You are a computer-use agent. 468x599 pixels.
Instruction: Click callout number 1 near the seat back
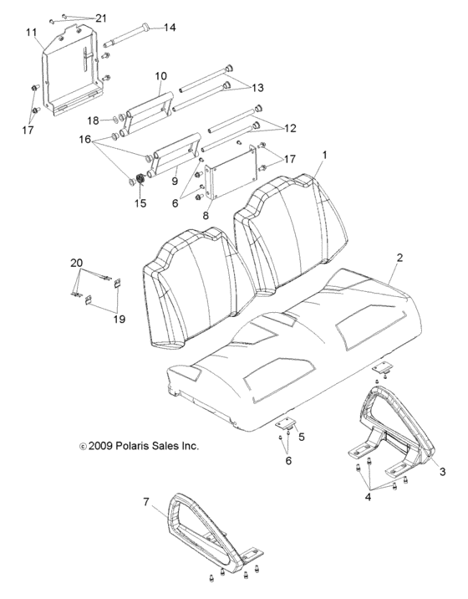[325, 156]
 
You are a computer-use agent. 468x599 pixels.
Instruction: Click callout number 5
[302, 436]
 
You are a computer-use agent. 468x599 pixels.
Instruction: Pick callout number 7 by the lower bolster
[147, 504]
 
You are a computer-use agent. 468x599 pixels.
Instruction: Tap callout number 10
[160, 76]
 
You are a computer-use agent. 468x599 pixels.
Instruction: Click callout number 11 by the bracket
[32, 33]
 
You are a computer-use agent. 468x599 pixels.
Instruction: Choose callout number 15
[140, 203]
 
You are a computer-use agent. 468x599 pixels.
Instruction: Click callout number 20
[76, 264]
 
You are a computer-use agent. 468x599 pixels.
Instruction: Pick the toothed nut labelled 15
[140, 181]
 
